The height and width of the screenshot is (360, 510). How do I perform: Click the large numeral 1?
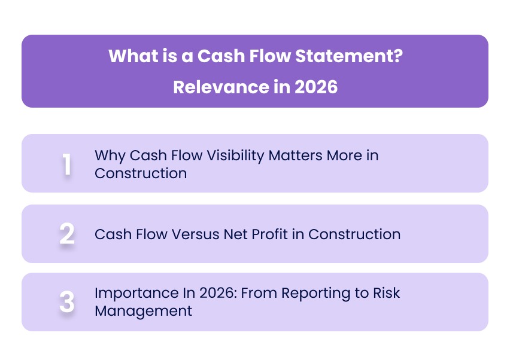[x=67, y=164]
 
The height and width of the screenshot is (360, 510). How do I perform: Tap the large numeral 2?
[x=67, y=234]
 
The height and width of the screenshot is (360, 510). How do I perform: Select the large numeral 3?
[x=67, y=302]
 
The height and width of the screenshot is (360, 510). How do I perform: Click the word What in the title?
[x=129, y=57]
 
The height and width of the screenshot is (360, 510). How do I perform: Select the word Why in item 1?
[x=109, y=155]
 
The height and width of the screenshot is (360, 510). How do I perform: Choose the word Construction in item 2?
[x=354, y=234]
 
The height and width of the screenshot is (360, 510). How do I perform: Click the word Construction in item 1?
[x=140, y=173]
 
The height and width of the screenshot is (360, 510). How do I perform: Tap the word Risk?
[x=387, y=293]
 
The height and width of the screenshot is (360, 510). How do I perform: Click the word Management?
[x=143, y=311]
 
